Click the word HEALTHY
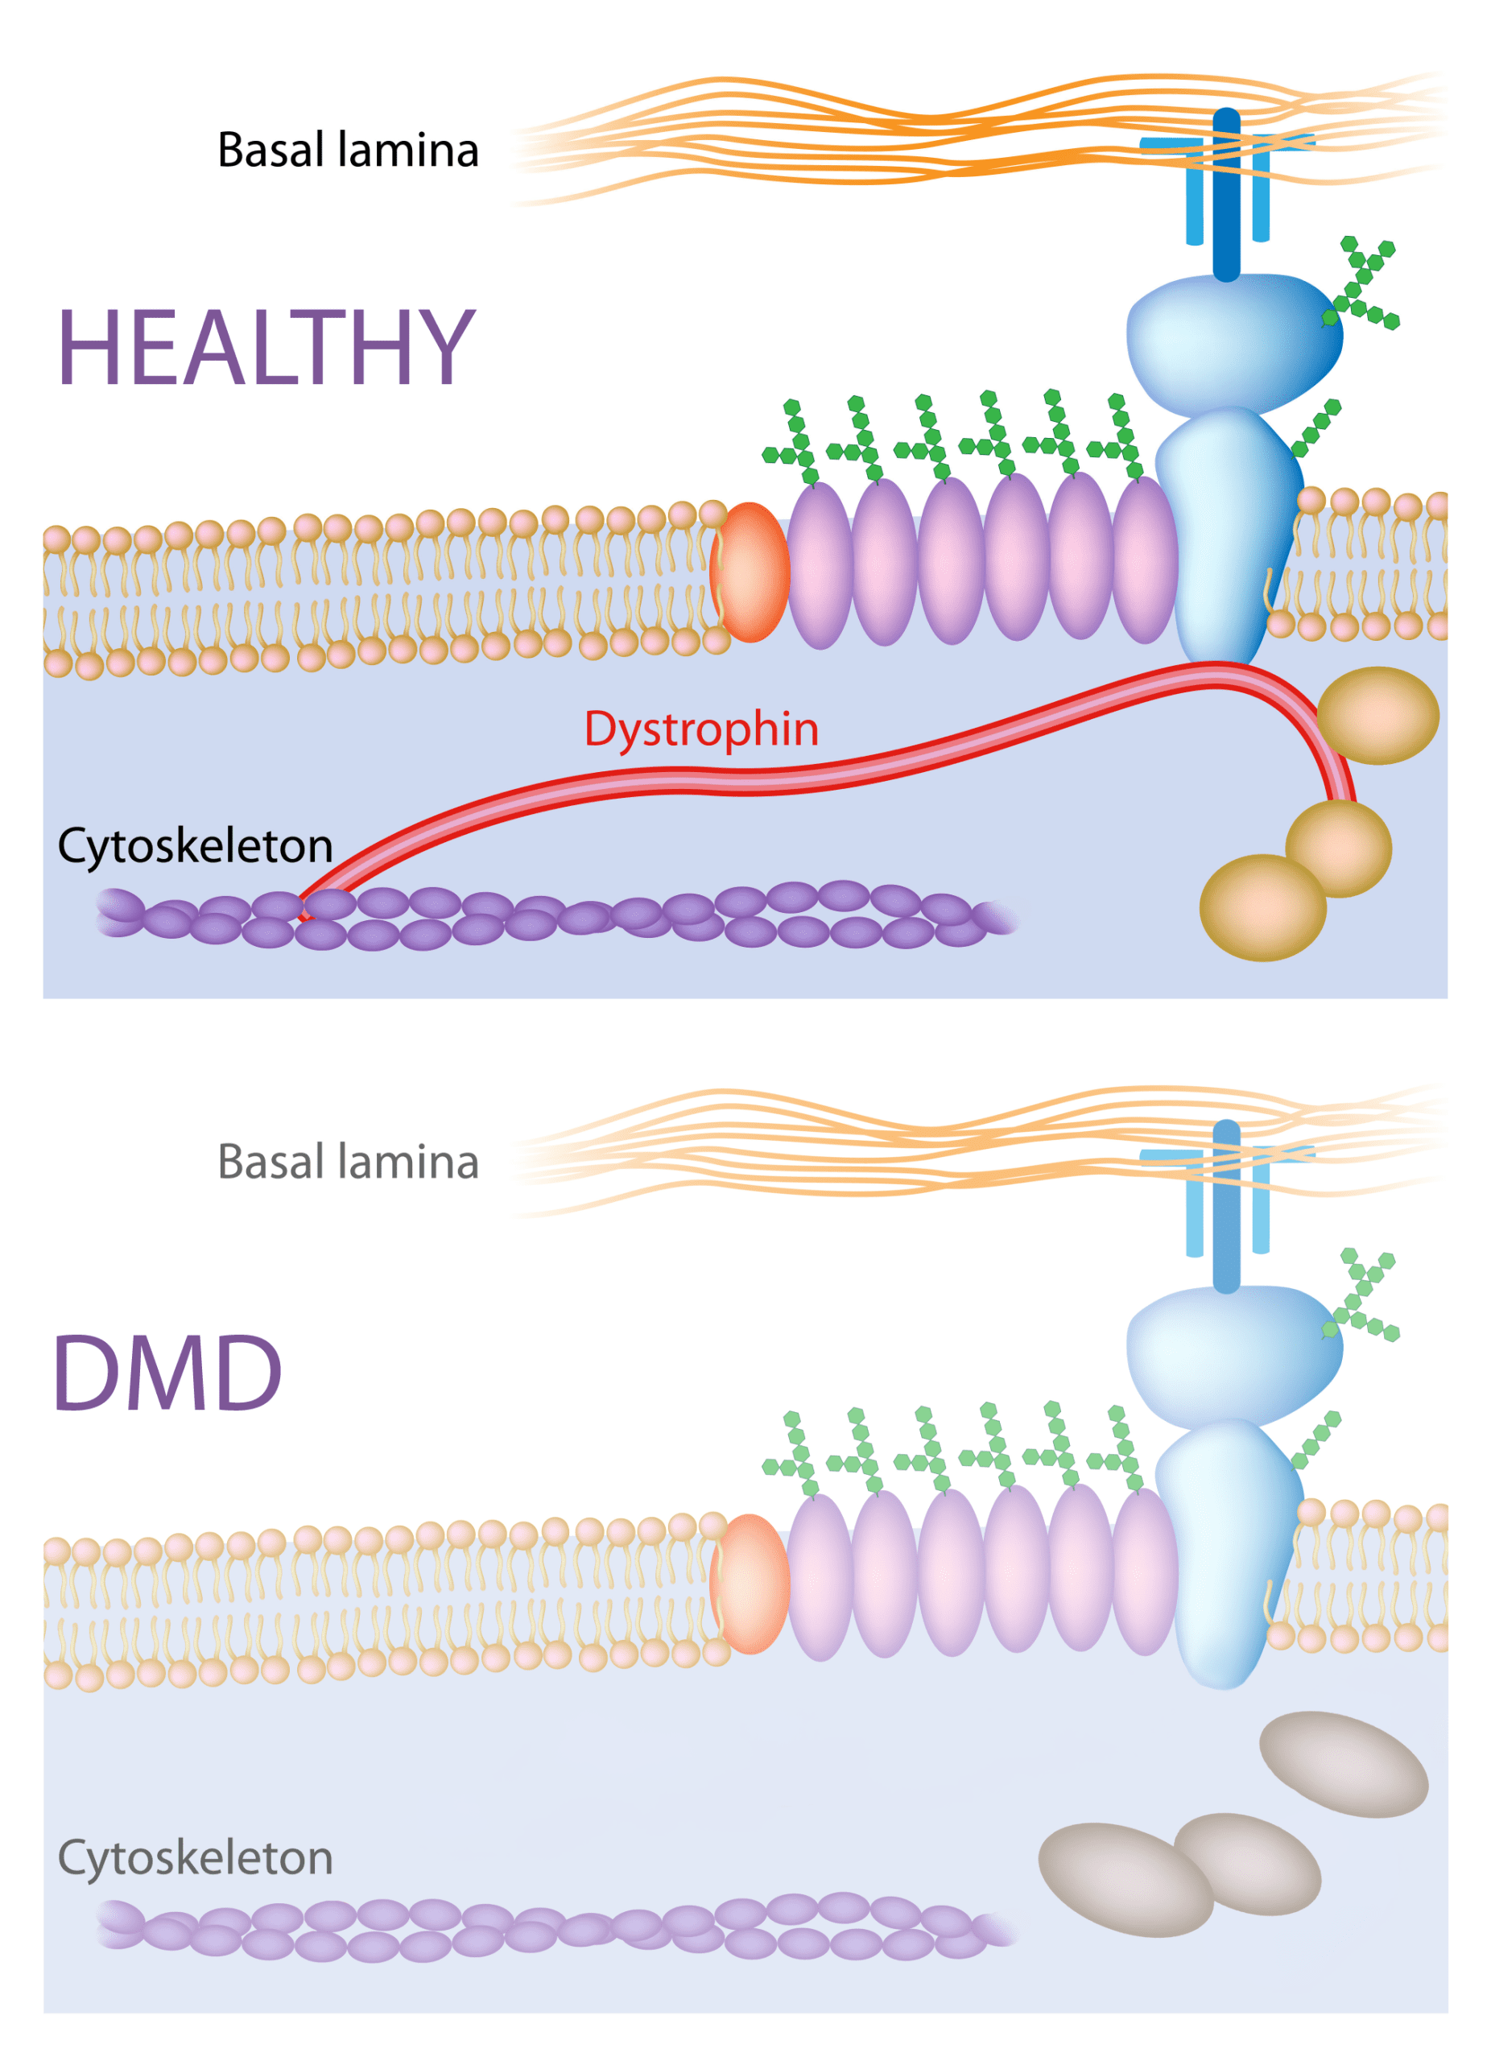(266, 347)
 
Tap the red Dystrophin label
(700, 729)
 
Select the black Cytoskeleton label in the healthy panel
(196, 847)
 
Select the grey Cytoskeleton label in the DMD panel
(196, 1858)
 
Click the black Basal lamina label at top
(348, 151)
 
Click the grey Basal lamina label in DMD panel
(348, 1163)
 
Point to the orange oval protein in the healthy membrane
(750, 572)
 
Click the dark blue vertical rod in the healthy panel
(1227, 196)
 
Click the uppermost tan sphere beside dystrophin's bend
(1377, 715)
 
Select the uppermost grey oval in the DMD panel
(1343, 1765)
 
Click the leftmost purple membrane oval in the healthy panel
(820, 565)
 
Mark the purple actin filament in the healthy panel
(545, 915)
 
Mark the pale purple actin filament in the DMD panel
(545, 1927)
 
